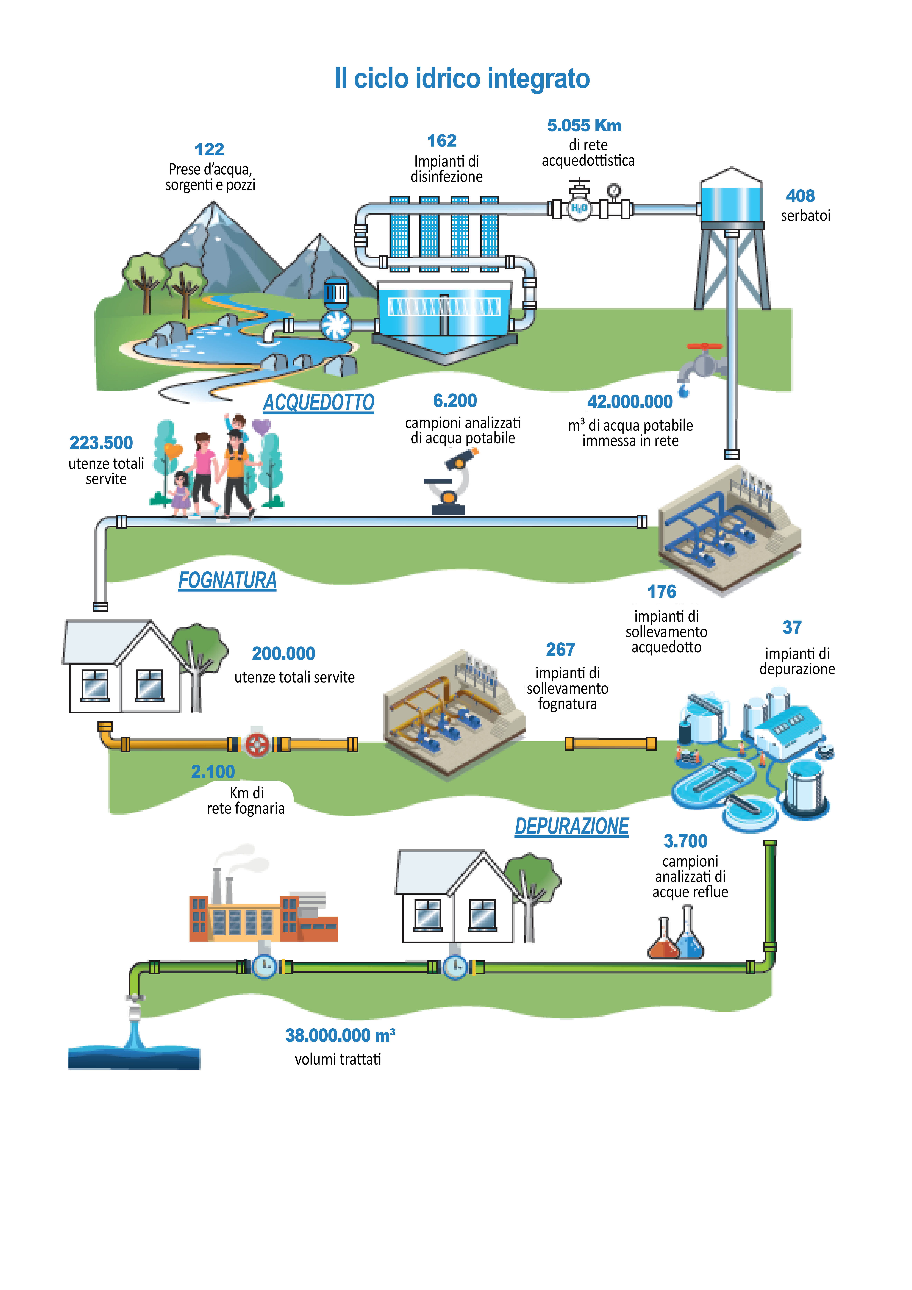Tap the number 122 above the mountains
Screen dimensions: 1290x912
[x=209, y=149]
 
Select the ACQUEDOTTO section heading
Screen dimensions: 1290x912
[x=319, y=403]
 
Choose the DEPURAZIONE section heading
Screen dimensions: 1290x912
[x=572, y=826]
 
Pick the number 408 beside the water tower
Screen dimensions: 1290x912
[x=800, y=196]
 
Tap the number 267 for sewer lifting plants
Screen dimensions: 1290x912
[x=560, y=649]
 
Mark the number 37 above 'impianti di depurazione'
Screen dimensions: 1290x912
[x=792, y=628]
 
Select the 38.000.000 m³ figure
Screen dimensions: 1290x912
[x=340, y=1036]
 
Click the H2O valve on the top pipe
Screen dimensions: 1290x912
[x=579, y=209]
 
